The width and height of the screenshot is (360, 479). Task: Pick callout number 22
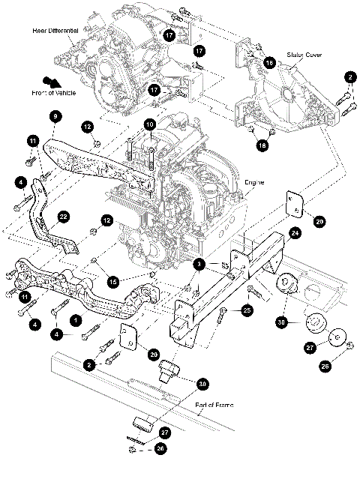point(64,217)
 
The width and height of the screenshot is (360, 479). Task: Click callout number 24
point(295,234)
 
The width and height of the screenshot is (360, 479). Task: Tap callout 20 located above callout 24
point(319,222)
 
